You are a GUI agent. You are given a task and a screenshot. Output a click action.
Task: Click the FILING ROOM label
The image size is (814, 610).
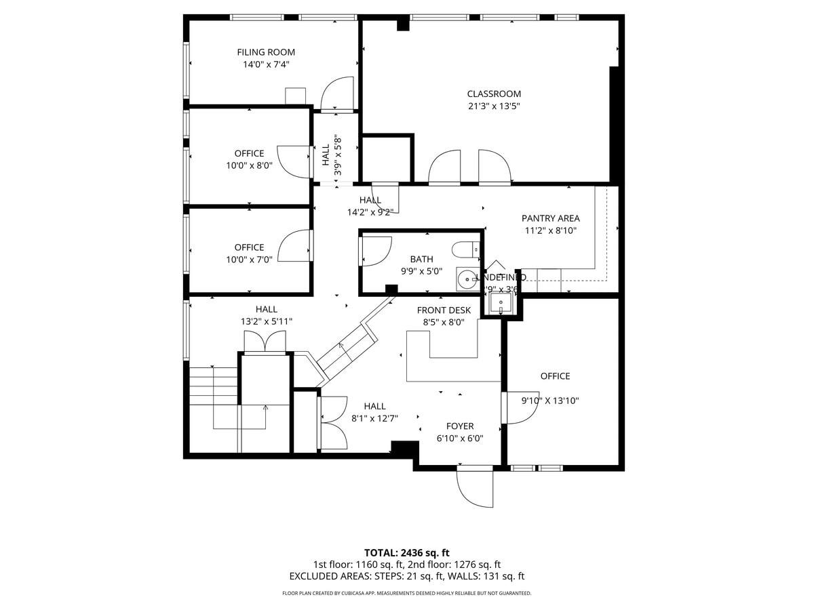[266, 52]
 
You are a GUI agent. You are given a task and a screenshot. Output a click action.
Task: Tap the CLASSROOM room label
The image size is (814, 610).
[494, 94]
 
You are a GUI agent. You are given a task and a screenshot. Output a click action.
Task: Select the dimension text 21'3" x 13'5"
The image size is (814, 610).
[494, 106]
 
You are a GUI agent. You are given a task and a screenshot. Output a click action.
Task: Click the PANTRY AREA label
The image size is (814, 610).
[550, 218]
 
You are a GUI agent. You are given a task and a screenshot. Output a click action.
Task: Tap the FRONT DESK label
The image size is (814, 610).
[444, 310]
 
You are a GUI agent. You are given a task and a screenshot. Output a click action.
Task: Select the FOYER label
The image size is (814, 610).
[459, 426]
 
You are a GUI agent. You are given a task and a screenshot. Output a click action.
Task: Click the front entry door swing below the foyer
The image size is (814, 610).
[476, 487]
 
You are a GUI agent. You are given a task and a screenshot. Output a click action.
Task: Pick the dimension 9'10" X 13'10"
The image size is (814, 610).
[550, 401]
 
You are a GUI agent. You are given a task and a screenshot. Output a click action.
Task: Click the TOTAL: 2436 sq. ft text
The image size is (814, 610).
[406, 552]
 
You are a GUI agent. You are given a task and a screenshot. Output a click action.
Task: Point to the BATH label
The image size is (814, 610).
[421, 260]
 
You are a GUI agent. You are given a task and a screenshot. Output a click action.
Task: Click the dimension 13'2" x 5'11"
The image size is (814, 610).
[266, 321]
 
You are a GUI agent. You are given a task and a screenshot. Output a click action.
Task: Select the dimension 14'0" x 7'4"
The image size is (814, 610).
[266, 65]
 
